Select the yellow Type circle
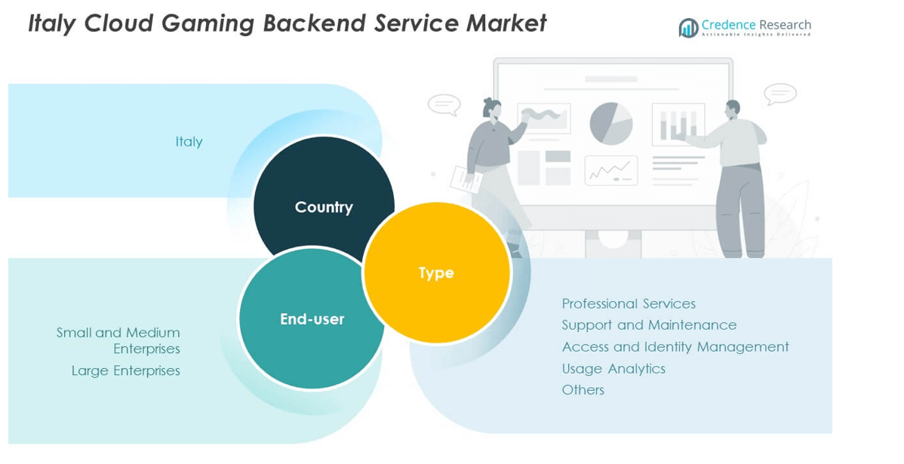(x=437, y=272)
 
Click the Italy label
(x=189, y=142)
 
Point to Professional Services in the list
(x=629, y=303)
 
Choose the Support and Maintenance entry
(x=649, y=325)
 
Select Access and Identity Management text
(x=675, y=347)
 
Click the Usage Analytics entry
(x=613, y=368)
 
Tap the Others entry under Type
(x=583, y=390)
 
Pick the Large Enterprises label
(x=126, y=370)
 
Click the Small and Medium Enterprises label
(x=119, y=340)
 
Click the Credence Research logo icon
(x=688, y=29)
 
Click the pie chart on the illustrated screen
(x=610, y=123)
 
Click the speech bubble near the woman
(x=444, y=104)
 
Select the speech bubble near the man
(x=779, y=94)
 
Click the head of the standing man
(x=731, y=109)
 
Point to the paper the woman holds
(x=466, y=179)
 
